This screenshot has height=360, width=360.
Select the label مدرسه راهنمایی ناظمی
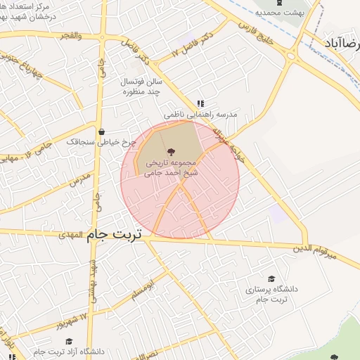(201, 114)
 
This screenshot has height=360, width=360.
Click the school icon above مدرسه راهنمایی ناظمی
(200, 103)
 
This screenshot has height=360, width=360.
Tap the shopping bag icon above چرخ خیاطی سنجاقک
(102, 131)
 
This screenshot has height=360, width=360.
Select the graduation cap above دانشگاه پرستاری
(271, 279)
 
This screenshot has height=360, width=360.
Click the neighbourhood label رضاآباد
(340, 43)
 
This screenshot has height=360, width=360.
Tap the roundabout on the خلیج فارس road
(290, 57)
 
